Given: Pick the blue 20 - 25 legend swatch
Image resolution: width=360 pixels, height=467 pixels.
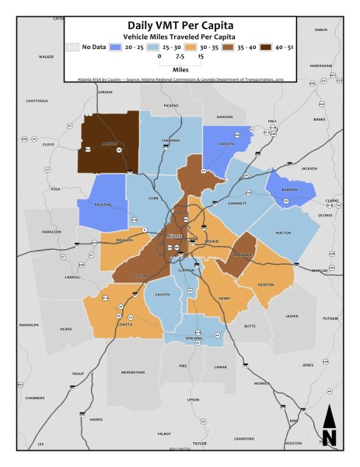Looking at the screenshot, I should coord(115,47).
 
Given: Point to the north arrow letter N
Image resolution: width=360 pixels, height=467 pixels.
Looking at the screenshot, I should coord(329,437).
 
